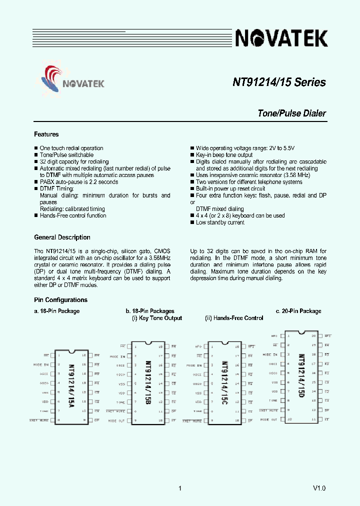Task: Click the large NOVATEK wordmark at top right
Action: coord(281,38)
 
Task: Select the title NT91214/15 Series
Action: coord(279,82)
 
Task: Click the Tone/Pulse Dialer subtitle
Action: coord(291,113)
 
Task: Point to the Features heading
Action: coord(46,134)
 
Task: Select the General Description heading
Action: coord(62,237)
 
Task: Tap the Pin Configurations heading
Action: coord(60,300)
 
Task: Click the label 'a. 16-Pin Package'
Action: coord(56,311)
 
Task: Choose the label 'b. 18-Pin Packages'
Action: coord(150,311)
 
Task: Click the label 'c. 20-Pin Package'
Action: coord(298,311)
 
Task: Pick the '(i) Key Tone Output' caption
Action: coord(157,318)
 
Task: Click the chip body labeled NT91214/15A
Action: coord(71,387)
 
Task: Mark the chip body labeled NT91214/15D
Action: coord(301,377)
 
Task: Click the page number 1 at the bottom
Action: coord(179,488)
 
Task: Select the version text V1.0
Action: coord(319,488)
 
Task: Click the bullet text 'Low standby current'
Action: coord(220,222)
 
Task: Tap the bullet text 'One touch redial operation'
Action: coord(71,148)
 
